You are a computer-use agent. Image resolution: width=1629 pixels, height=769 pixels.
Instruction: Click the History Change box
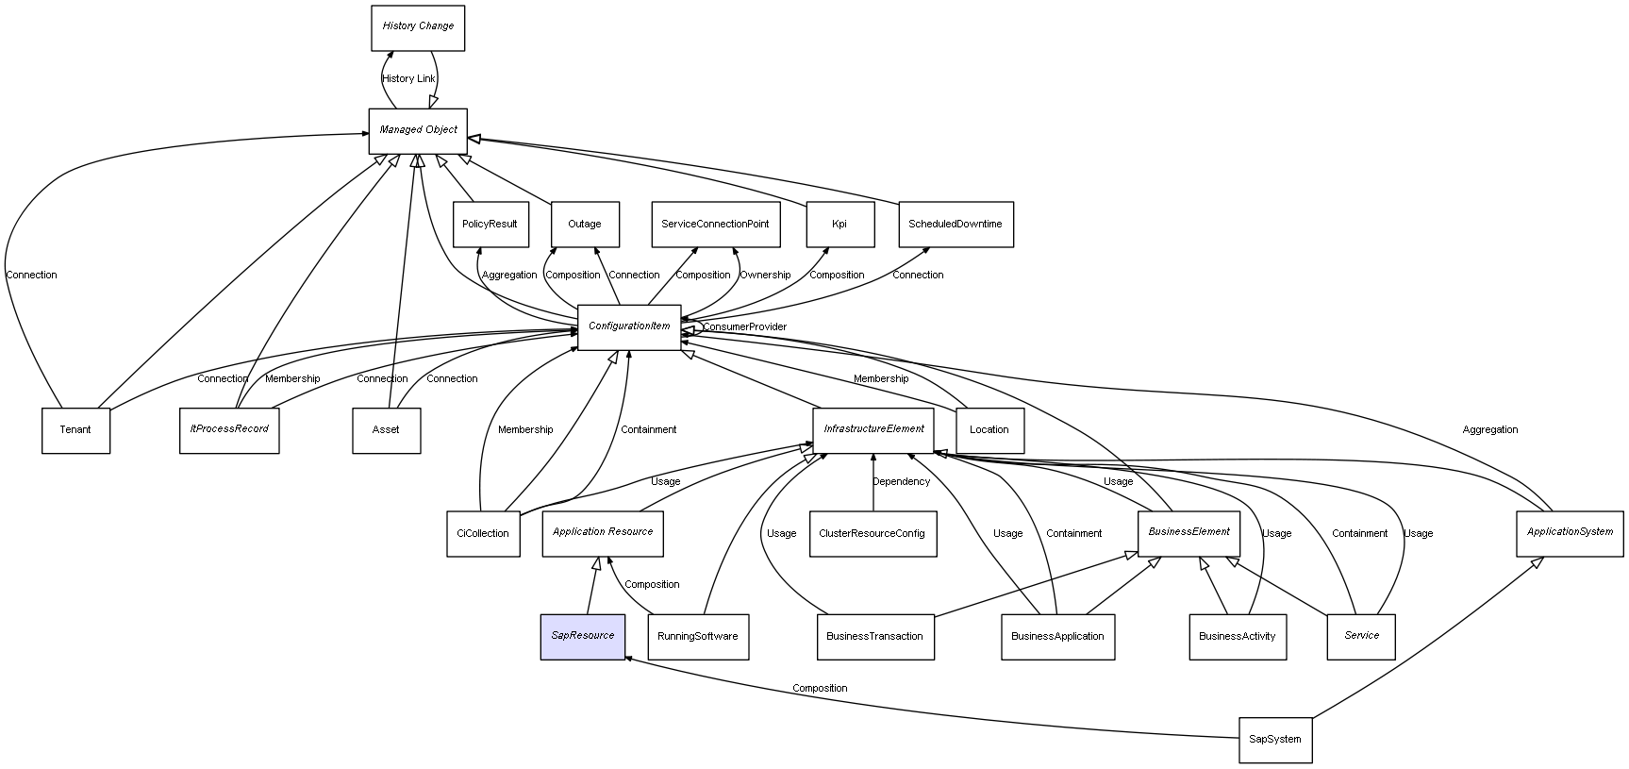[418, 27]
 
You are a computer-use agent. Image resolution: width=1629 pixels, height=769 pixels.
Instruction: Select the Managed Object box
[418, 130]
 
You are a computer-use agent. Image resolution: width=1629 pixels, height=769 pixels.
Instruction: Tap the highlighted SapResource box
[582, 636]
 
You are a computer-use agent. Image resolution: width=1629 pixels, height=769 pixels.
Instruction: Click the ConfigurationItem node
[629, 326]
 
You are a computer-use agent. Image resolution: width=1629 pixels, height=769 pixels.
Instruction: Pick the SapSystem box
[1274, 740]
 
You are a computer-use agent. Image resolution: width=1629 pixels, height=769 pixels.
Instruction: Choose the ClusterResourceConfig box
[873, 534]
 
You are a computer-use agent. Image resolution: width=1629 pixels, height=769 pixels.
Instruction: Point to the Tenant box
[75, 430]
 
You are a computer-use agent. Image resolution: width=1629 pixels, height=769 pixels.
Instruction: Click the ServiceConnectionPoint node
[715, 225]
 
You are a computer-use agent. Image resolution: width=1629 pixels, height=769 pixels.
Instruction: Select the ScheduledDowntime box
[955, 225]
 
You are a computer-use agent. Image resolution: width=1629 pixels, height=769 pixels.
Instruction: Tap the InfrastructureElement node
[873, 429]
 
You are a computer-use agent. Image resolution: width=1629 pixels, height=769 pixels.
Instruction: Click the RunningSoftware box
[698, 637]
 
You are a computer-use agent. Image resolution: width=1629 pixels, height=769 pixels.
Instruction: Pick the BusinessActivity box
[1237, 637]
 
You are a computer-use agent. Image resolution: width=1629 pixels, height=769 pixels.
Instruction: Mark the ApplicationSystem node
[1570, 532]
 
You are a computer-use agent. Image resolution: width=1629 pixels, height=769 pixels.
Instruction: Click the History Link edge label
[408, 79]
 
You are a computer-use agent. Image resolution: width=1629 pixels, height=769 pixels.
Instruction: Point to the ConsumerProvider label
[744, 327]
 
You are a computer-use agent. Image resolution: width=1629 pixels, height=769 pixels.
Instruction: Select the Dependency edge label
[901, 482]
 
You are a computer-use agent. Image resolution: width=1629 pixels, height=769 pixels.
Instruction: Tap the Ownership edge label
[765, 276]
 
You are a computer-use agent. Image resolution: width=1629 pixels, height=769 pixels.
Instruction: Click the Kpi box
[839, 225]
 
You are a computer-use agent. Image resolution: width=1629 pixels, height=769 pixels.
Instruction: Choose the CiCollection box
[483, 534]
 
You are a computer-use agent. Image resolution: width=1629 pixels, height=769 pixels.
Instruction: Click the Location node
[989, 430]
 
